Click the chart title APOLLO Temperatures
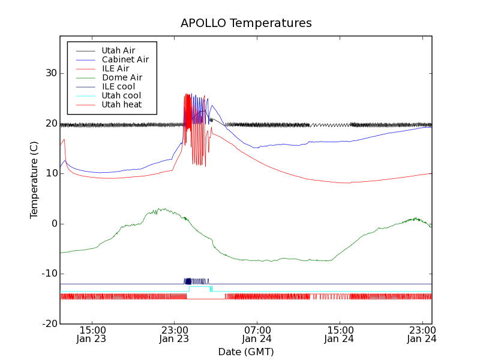pos(246,23)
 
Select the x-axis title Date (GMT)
pos(246,352)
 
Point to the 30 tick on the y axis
pos(50,73)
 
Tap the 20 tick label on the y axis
pos(50,124)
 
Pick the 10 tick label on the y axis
pos(50,173)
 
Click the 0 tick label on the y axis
pos(53,224)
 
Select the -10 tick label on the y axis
pos(49,274)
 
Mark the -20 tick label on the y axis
pos(49,324)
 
